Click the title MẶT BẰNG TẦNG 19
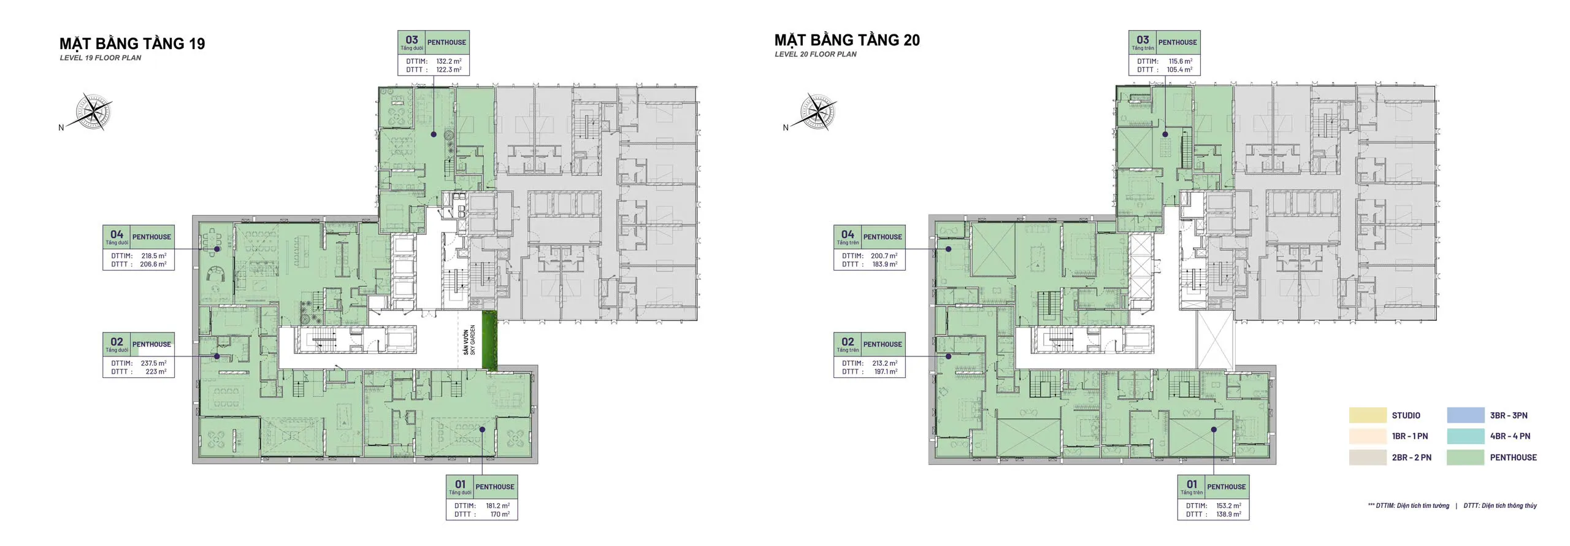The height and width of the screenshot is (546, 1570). (x=132, y=43)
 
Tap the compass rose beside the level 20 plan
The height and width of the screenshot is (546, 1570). (x=818, y=112)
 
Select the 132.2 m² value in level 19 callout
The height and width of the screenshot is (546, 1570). (x=449, y=61)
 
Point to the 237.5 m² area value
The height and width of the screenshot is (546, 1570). (x=153, y=363)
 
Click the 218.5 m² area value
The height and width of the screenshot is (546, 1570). (x=154, y=256)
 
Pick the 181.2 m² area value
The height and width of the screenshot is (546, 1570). (x=497, y=506)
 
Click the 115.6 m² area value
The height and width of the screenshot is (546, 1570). (x=1181, y=61)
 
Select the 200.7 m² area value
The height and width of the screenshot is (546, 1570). (x=884, y=256)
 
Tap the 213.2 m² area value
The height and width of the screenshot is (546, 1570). (x=885, y=363)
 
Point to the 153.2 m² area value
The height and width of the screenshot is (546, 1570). (x=1228, y=506)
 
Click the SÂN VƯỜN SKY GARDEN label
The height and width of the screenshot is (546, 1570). (x=469, y=340)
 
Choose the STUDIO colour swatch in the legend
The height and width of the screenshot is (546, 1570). (x=1368, y=415)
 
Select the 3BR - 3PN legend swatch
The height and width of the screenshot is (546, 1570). (x=1466, y=415)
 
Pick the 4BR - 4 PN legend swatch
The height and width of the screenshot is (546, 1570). (x=1466, y=436)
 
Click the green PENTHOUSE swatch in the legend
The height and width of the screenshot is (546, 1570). (x=1466, y=457)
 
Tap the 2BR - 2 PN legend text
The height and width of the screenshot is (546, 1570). (x=1412, y=458)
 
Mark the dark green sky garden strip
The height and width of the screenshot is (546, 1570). (x=489, y=341)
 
